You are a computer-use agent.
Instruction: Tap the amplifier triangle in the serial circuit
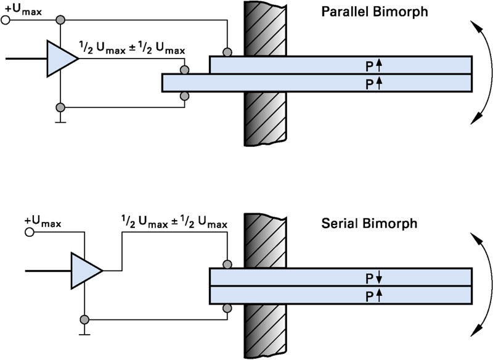tap(85, 270)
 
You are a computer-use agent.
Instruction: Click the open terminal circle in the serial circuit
tap(28, 233)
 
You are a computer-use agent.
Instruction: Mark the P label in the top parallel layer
tap(370, 64)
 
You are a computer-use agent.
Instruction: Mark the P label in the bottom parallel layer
tap(370, 83)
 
